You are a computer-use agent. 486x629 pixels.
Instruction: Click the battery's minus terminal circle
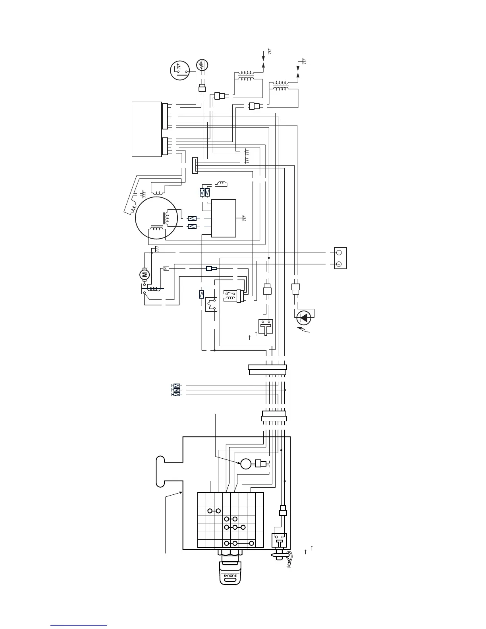tap(339, 253)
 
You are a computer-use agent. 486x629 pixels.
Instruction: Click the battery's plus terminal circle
tap(339, 264)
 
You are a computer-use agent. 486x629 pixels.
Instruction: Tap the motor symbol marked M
tap(145, 274)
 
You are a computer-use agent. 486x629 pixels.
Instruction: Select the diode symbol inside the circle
tap(304, 317)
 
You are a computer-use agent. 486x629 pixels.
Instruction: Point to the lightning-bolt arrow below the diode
tap(305, 330)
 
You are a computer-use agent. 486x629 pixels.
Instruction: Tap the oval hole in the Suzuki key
tap(230, 581)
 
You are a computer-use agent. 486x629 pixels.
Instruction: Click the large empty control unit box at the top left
tap(147, 129)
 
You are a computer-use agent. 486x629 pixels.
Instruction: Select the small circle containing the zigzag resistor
tap(202, 65)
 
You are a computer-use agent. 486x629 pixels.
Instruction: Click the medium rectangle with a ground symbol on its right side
tap(224, 218)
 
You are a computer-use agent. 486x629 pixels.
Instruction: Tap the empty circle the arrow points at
tap(246, 463)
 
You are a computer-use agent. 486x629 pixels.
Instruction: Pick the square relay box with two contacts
tap(211, 305)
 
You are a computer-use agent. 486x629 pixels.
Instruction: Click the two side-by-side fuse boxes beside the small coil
tap(204, 193)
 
